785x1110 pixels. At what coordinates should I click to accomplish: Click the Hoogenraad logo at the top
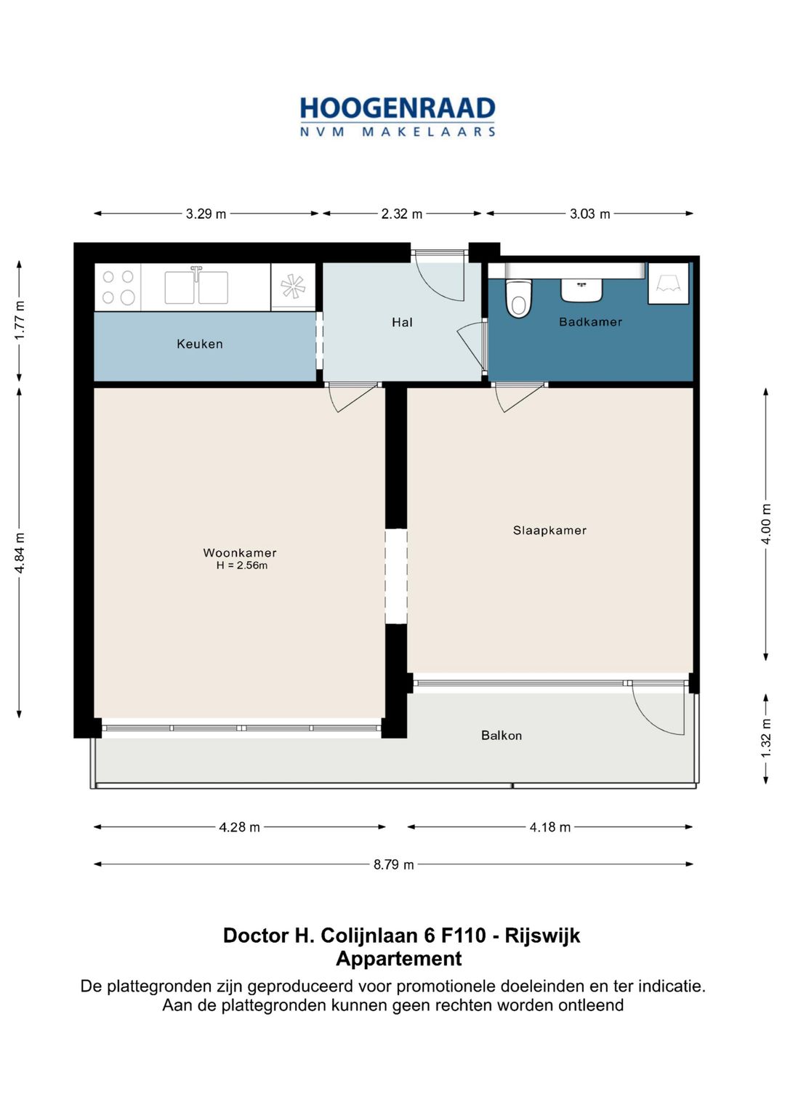tap(398, 117)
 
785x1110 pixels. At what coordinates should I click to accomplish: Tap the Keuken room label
tap(200, 344)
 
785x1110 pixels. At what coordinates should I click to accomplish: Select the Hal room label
tap(402, 323)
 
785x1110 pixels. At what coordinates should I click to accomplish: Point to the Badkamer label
tap(590, 322)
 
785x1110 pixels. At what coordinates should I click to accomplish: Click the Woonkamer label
tap(240, 552)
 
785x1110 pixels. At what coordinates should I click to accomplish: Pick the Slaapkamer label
tap(549, 530)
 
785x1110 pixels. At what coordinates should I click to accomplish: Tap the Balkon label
tap(502, 736)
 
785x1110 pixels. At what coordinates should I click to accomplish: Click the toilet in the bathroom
tap(518, 298)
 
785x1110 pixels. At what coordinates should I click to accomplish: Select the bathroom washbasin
tap(581, 290)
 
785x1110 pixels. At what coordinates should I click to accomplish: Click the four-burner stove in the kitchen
tap(118, 287)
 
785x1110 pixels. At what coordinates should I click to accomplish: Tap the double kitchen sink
tap(196, 286)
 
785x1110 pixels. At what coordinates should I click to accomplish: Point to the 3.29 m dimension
tap(206, 214)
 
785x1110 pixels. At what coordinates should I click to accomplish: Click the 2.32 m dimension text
tap(402, 214)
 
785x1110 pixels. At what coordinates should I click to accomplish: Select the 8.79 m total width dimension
tap(393, 865)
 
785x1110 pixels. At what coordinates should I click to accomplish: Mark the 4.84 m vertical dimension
tap(20, 553)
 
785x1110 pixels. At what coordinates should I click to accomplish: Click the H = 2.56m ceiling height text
tap(242, 566)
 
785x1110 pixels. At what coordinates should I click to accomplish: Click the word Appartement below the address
tap(399, 959)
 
